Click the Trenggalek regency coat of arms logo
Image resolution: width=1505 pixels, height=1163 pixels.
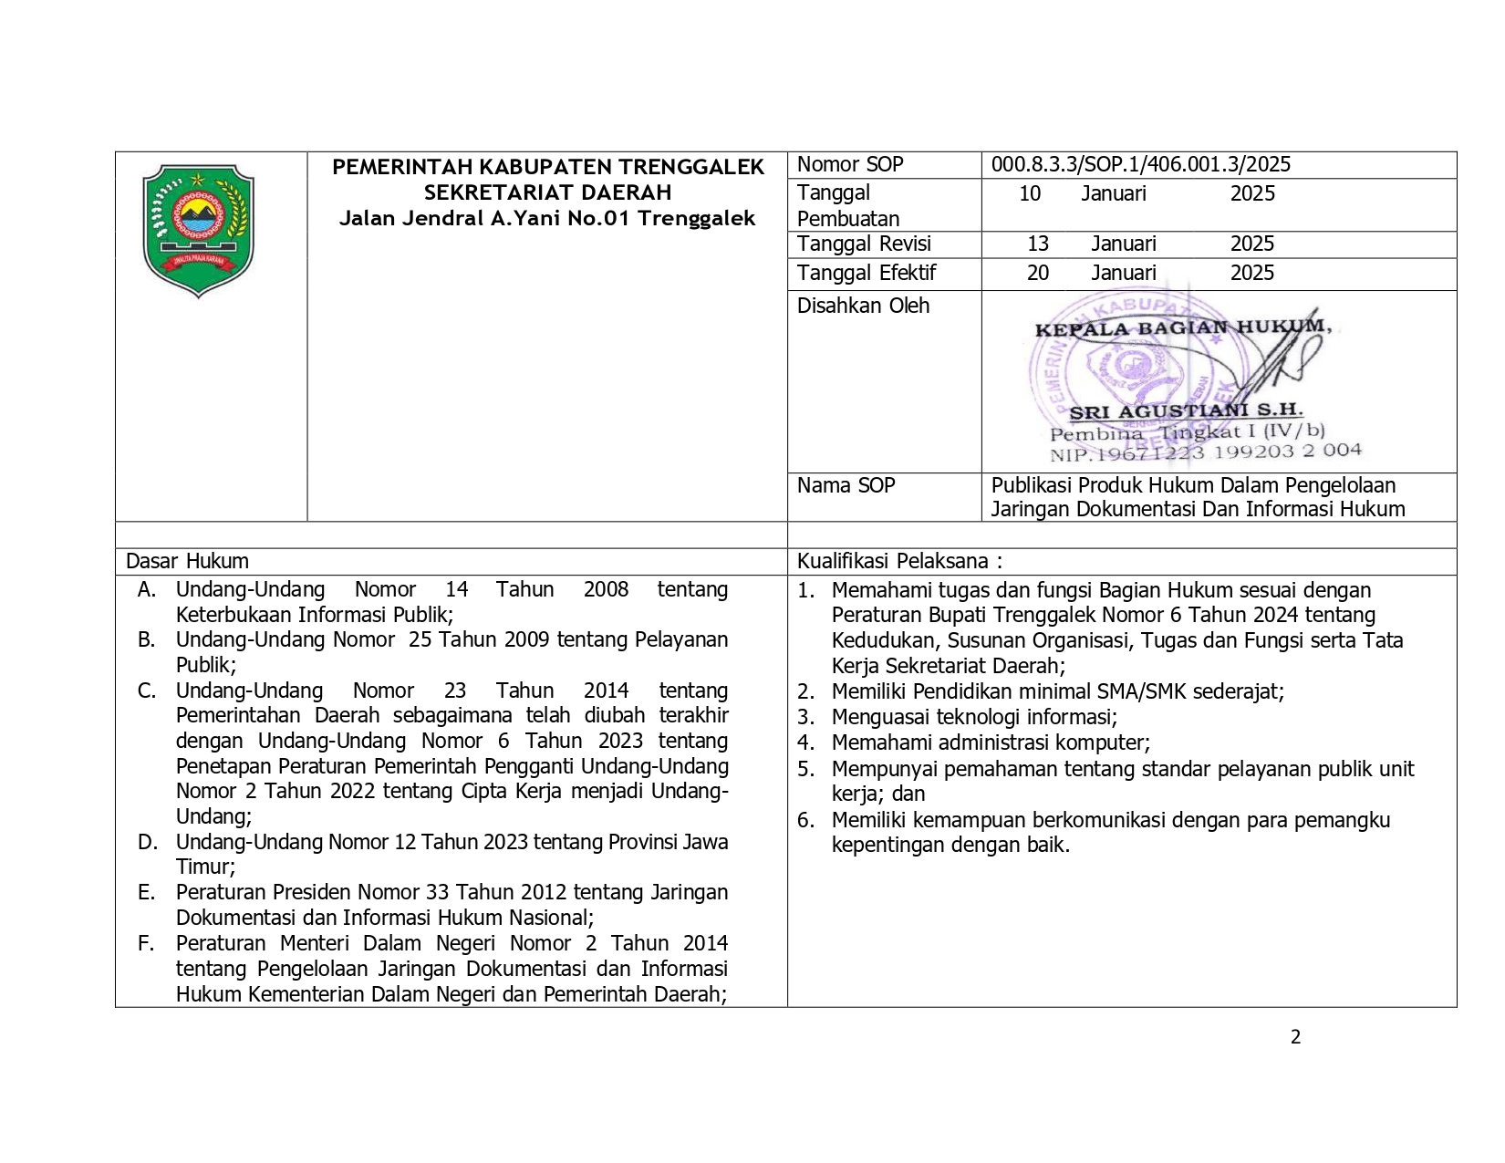pos(199,231)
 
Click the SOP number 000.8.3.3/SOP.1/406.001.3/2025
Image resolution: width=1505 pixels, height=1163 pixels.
pos(1140,164)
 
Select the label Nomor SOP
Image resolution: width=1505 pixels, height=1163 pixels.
pos(849,164)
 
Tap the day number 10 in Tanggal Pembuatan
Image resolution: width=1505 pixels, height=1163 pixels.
pos(1030,193)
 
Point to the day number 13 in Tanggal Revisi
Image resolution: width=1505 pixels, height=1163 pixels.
pos(1038,244)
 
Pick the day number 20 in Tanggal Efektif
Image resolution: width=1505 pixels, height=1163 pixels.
pos(1038,273)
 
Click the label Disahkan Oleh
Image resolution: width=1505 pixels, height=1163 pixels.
pos(863,306)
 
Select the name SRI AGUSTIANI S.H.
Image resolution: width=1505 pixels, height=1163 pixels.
pos(1186,411)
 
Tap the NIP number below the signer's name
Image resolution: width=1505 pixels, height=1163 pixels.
pos(1205,452)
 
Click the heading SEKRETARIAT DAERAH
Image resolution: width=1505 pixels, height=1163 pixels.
pos(547,192)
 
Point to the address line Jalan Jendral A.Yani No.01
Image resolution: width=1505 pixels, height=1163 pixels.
pos(547,218)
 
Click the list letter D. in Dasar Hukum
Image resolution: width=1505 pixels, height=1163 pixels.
pos(147,842)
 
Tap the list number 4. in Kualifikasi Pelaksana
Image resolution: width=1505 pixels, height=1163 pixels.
pos(805,742)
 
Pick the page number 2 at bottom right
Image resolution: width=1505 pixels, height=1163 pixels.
pos(1295,1036)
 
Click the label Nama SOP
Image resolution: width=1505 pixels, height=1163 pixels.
pos(846,485)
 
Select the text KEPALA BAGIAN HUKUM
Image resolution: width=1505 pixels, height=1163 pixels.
pos(1182,327)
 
